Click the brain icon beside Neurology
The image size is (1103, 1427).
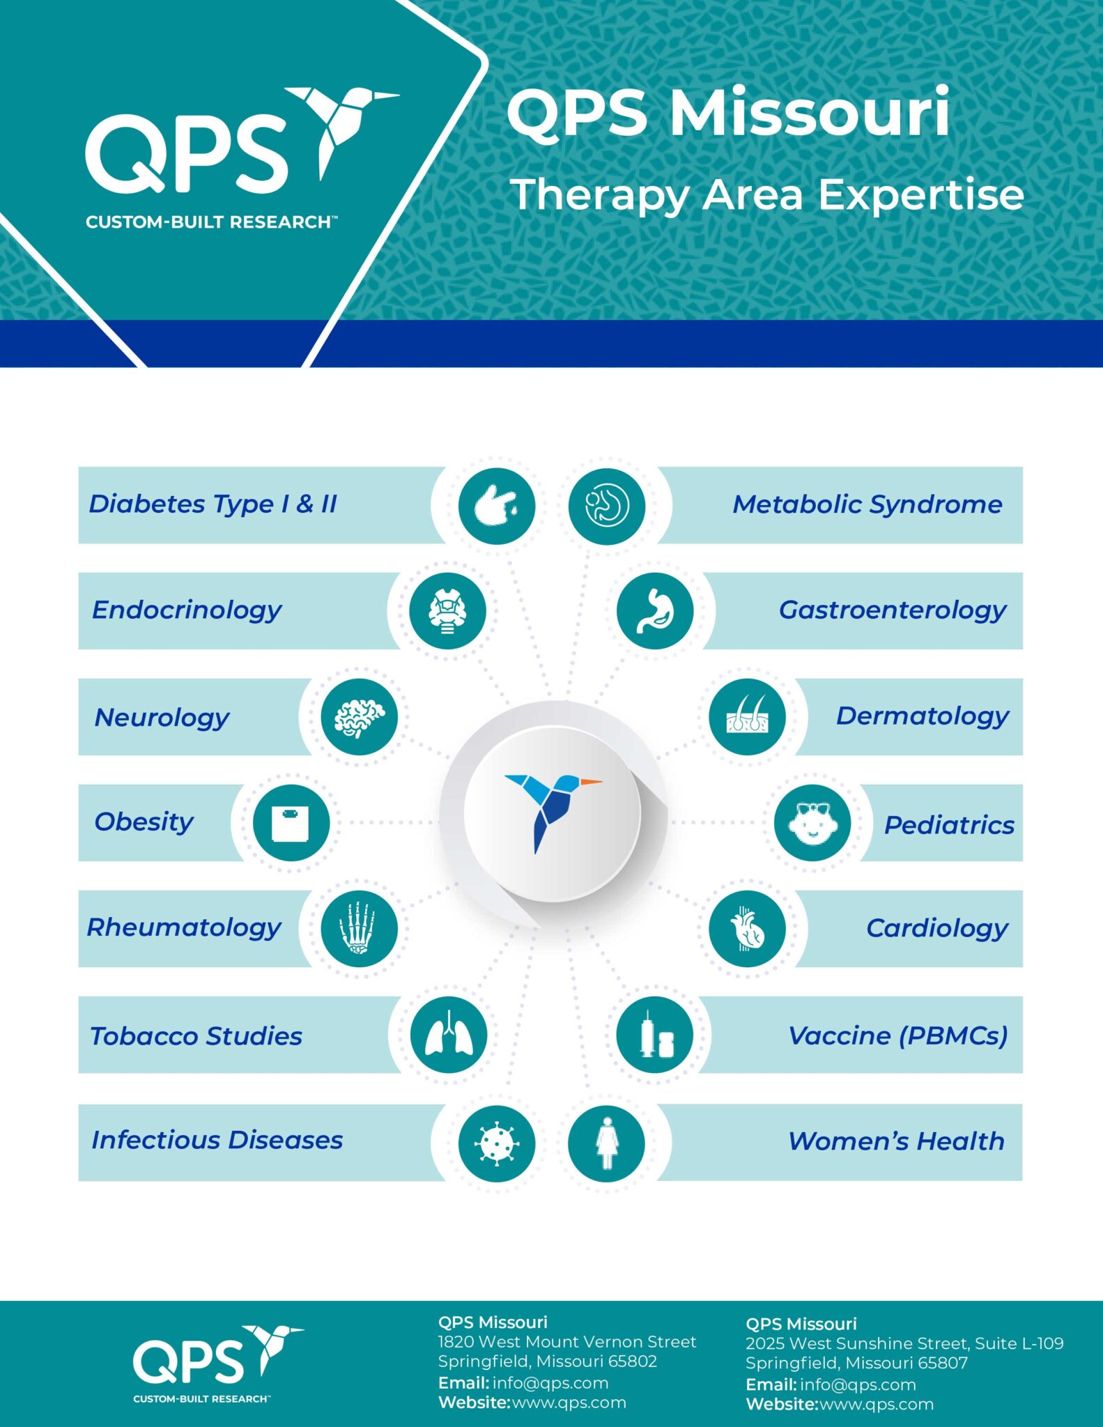point(359,717)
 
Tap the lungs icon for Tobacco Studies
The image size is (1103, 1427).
point(448,1035)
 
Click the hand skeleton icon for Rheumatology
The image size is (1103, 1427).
point(359,928)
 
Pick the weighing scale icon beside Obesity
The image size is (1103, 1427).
point(291,823)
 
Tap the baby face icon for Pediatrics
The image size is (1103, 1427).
point(812,823)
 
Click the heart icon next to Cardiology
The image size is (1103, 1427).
point(747,928)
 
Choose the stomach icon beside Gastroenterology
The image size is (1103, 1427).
point(655,610)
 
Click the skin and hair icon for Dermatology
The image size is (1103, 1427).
point(747,717)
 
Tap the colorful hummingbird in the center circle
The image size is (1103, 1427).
point(553,808)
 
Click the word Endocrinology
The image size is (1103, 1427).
point(187,610)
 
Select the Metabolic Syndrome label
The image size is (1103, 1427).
point(867,504)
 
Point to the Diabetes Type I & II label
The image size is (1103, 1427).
point(213,504)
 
